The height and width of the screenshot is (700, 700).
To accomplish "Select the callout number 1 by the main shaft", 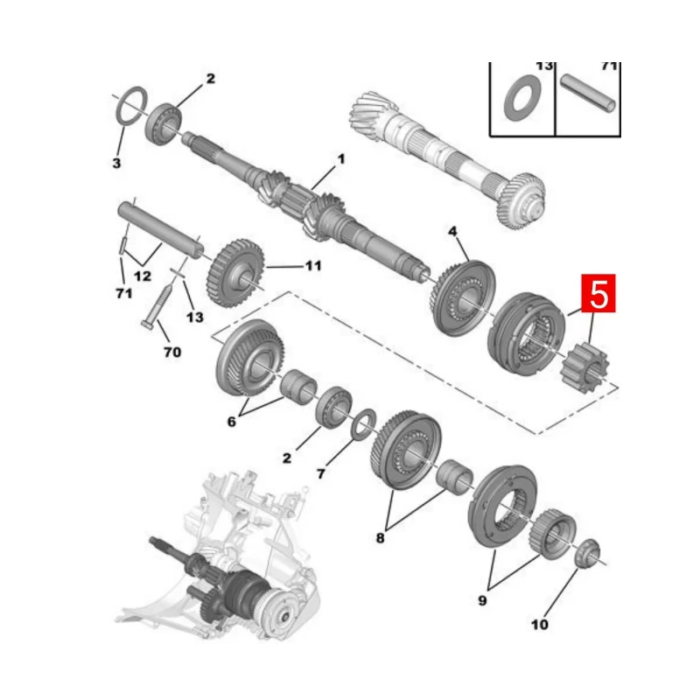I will pos(341,159).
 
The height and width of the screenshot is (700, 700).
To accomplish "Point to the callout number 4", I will pos(452,231).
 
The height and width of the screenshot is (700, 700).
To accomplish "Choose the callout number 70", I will pos(171,353).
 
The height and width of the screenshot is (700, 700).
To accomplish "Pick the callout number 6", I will pos(232,421).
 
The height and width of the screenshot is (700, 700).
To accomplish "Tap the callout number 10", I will pos(540,625).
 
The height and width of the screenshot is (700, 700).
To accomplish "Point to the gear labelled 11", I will pos(235,274).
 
